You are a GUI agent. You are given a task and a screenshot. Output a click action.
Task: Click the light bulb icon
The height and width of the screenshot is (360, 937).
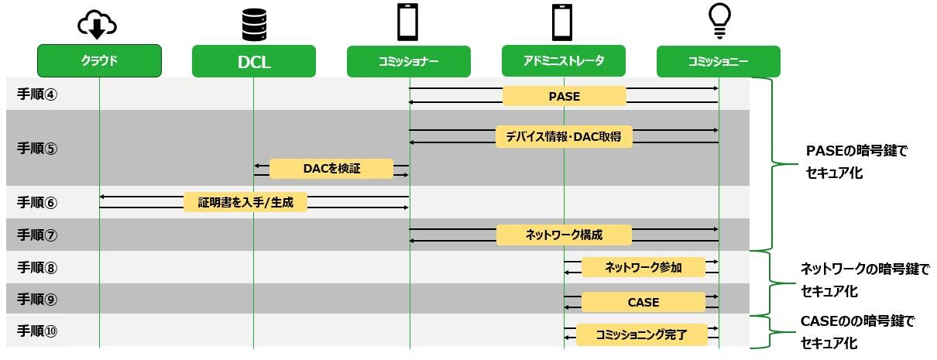pos(719,22)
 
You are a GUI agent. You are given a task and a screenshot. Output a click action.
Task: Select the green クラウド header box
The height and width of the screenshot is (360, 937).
pos(99,61)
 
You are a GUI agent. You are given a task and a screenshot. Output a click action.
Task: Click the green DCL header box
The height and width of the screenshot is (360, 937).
pos(253,62)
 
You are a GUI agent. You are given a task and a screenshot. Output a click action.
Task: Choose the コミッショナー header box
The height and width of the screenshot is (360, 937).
pos(408,62)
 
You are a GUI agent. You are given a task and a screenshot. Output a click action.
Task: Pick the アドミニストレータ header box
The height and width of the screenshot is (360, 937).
pos(563,61)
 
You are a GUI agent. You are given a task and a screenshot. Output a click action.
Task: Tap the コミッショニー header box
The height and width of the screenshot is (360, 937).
pos(718,62)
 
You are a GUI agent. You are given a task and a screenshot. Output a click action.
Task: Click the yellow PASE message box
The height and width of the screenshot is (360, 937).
pos(564,96)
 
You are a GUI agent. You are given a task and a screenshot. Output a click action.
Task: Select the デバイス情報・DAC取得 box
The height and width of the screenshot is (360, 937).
pos(564,137)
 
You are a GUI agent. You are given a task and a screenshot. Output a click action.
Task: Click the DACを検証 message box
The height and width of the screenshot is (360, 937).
pos(331,169)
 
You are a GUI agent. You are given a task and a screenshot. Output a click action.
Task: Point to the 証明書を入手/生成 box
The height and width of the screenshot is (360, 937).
pos(245,203)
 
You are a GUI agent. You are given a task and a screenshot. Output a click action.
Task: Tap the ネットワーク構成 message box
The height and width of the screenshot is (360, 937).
pos(564,235)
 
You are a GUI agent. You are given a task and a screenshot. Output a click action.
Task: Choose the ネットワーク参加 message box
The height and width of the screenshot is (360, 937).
pos(643,268)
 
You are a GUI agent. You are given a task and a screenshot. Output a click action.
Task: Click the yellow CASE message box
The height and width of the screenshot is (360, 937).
pos(643,302)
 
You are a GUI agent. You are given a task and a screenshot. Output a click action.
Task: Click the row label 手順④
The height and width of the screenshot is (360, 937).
pos(37,95)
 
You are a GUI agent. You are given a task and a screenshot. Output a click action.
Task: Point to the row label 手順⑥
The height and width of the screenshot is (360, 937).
pos(37,203)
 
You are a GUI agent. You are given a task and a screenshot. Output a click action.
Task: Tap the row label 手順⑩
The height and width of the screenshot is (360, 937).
pos(37,331)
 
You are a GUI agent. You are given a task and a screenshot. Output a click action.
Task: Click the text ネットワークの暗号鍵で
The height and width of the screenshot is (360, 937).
pos(863,270)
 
